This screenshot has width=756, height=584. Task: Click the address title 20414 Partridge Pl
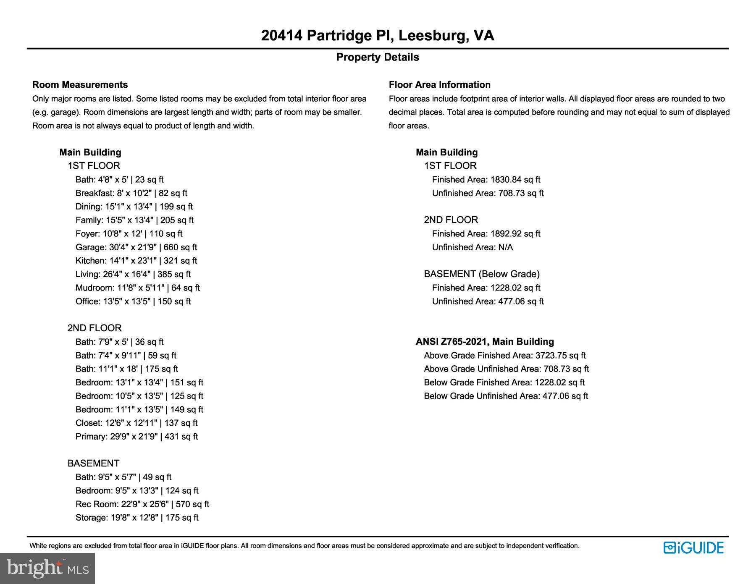(377, 36)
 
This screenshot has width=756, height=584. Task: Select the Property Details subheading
(377, 57)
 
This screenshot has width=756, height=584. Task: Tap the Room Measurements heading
(80, 85)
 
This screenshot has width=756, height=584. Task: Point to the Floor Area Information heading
(439, 85)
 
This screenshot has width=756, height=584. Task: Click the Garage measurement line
(136, 247)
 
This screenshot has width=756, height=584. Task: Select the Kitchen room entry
(136, 261)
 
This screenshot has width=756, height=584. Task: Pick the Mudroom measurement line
(137, 288)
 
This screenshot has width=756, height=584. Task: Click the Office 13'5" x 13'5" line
(133, 301)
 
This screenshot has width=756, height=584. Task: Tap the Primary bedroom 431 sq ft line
(136, 437)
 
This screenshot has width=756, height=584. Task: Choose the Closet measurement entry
(136, 423)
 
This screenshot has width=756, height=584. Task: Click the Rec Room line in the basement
(142, 504)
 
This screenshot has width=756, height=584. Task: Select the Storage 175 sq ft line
(136, 518)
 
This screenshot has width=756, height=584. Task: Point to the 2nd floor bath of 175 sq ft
(126, 369)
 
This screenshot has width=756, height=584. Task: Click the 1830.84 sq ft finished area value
(515, 180)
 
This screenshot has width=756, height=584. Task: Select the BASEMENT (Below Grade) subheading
(481, 274)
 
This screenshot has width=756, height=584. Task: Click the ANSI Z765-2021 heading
(485, 342)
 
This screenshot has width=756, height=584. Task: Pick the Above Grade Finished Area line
(504, 356)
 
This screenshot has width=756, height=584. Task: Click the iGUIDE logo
(693, 548)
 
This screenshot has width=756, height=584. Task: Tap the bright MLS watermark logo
(47, 568)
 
